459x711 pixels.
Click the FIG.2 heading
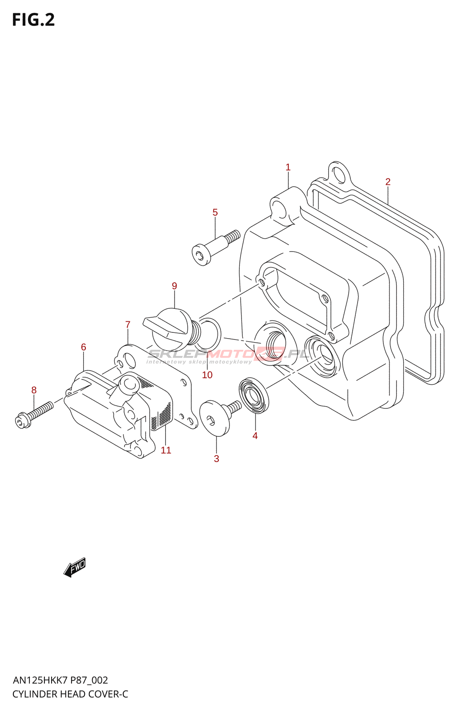pyautogui.click(x=33, y=20)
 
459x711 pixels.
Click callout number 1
pyautogui.click(x=288, y=168)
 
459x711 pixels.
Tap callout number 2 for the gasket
pyautogui.click(x=388, y=182)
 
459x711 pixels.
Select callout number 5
pyautogui.click(x=215, y=212)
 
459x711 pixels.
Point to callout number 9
pyautogui.click(x=174, y=286)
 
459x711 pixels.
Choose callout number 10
pyautogui.click(x=207, y=375)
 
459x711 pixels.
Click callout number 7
pyautogui.click(x=128, y=325)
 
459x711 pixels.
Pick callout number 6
pyautogui.click(x=83, y=347)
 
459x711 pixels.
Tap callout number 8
pyautogui.click(x=34, y=390)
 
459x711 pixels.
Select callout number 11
pyautogui.click(x=166, y=450)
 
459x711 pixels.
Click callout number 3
pyautogui.click(x=217, y=459)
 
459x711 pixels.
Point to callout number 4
pyautogui.click(x=255, y=436)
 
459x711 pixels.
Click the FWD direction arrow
pyautogui.click(x=75, y=567)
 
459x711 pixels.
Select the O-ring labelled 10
pyautogui.click(x=208, y=333)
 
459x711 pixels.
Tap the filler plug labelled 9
pyautogui.click(x=169, y=329)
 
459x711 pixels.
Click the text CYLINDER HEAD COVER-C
pyautogui.click(x=70, y=694)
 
